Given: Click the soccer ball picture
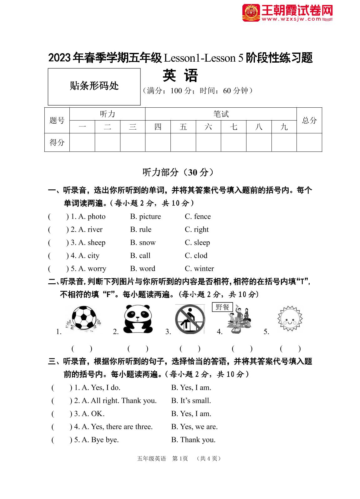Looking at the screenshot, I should coord(84,318).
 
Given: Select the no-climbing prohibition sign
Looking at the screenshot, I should coord(190,320).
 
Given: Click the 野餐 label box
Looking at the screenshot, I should coord(222,307).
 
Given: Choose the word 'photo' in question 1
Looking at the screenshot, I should coord(96,217).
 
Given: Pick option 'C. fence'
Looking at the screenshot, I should coord(198,217).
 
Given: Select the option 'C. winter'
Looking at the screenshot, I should coord(199,269).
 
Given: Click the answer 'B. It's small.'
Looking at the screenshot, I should coord(191,401).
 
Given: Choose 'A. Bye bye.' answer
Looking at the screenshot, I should coord(100,440).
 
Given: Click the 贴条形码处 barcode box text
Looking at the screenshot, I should coord(94,86).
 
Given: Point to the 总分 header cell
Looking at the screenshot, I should coord(309,120).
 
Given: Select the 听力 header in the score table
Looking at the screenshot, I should coord(107,114).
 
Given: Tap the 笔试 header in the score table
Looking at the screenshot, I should coord(221,114).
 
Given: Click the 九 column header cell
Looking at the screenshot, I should coord(284,127).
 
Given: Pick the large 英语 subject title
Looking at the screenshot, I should coord(180,76).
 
